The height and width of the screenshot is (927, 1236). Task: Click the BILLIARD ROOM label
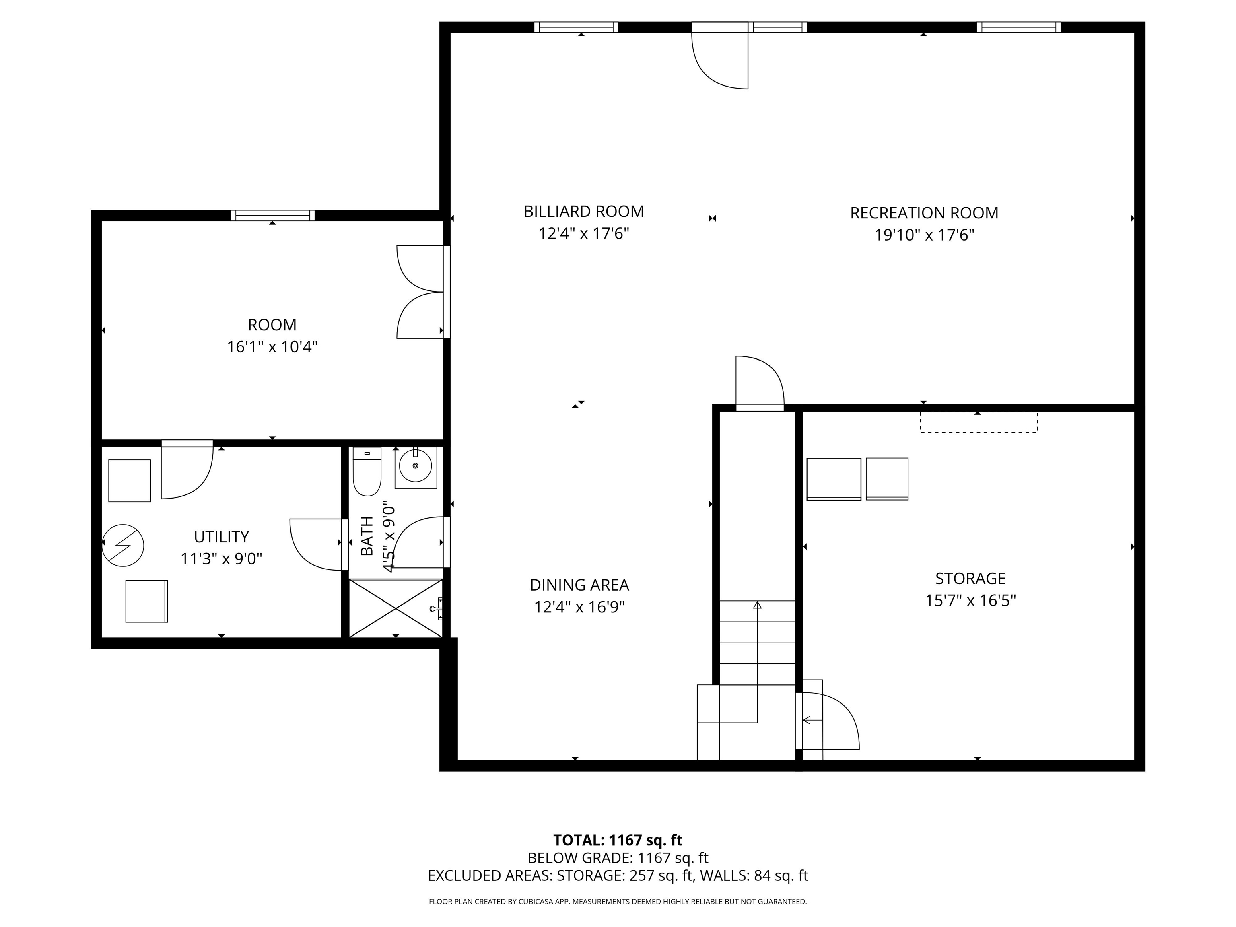[583, 212]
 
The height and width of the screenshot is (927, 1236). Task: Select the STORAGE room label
[970, 578]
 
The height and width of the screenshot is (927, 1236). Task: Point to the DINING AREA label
[579, 585]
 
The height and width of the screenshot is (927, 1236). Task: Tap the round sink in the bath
[415, 466]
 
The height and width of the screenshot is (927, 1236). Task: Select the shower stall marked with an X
[396, 608]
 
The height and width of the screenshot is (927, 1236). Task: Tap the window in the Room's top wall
[273, 216]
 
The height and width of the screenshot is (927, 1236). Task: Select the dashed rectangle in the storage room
[978, 422]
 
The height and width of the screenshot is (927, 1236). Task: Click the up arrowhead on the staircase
[757, 605]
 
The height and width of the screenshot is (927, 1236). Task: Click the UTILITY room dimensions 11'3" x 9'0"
[221, 559]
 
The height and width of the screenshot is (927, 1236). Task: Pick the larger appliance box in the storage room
[833, 479]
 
